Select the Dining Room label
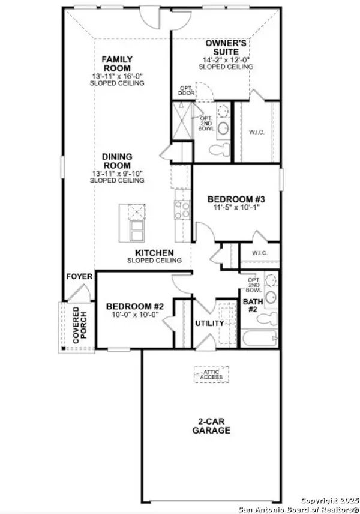pos(116,161)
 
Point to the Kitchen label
pos(154,253)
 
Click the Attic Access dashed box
pos(211,374)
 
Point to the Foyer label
pos(80,277)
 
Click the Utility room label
pos(209,324)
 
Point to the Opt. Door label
pos(186,91)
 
